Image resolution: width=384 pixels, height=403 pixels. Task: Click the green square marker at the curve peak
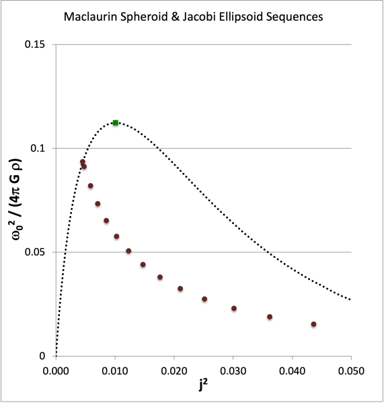116,122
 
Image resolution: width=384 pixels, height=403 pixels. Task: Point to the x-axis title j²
204,388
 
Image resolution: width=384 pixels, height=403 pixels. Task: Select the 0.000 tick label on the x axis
56,371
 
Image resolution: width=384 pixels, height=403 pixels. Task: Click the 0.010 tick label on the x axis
115,371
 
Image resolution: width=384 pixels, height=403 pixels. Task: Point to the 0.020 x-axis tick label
174,371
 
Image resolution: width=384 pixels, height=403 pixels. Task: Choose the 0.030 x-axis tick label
233,371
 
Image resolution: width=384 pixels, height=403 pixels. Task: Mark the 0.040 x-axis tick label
292,371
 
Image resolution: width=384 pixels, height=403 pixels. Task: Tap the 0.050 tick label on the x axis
351,371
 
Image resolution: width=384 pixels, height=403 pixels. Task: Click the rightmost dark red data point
313,324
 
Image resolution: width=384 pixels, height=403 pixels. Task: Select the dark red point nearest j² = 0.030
234,308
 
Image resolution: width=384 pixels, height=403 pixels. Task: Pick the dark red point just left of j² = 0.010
106,221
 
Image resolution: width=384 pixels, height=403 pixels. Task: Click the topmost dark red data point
83,161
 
